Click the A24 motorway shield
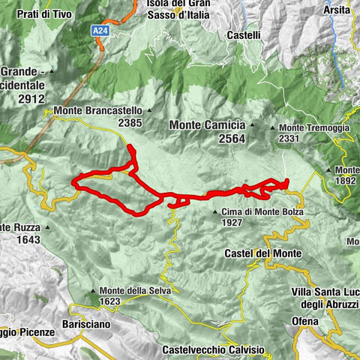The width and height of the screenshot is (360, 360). click(100, 30)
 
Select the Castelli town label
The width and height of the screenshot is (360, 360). click(243, 34)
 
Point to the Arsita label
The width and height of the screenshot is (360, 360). click(337, 10)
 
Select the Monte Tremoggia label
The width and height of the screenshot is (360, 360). click(314, 128)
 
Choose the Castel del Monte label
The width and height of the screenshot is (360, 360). click(262, 254)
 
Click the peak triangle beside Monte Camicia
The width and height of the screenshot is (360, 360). click(252, 126)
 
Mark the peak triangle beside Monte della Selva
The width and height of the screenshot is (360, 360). click(93, 291)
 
